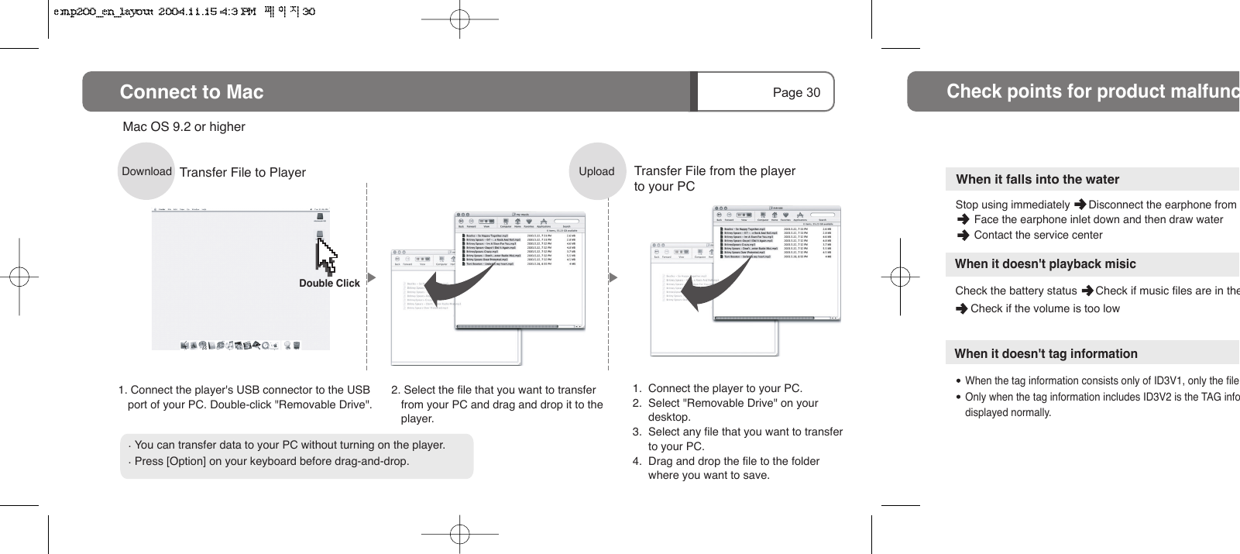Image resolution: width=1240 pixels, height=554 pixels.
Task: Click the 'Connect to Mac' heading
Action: pos(191,92)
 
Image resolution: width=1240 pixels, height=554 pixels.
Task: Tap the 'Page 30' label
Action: pos(795,92)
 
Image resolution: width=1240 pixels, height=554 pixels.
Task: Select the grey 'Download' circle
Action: pos(146,171)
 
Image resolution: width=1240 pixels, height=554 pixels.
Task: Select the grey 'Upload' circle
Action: pos(596,171)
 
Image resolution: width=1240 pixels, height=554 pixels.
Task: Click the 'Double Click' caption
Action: pos(329,284)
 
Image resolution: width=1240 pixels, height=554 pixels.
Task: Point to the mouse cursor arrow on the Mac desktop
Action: pos(325,253)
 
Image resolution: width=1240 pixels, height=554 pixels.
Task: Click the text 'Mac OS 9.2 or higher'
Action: pos(184,126)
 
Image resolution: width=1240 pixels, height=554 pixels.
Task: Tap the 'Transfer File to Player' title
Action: pos(242,172)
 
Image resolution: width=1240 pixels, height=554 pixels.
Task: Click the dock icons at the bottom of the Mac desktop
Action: pos(240,345)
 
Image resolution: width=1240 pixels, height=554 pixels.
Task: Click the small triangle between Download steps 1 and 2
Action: pos(372,277)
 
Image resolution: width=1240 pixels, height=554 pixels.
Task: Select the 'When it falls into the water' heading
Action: pos(1037,179)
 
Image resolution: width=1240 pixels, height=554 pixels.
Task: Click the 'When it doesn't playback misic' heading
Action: pos(1045,263)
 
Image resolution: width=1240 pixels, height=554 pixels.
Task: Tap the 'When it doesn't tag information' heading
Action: pos(1046,353)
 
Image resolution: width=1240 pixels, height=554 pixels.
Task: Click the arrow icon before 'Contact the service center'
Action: pos(963,235)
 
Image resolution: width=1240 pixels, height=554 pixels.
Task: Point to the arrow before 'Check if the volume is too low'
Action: pos(961,308)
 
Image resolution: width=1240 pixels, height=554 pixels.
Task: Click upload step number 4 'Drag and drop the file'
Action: pos(733,461)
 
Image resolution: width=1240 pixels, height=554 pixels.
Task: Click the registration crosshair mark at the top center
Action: pos(460,19)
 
